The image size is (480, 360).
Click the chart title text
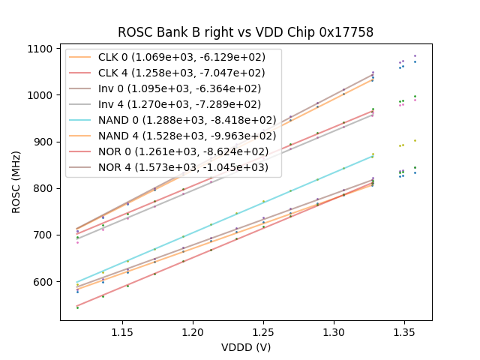[245, 32]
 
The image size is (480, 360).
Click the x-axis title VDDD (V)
[245, 347]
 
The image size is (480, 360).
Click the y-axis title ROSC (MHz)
[16, 181]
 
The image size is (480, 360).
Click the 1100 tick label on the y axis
[40, 49]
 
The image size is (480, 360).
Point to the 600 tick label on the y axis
[43, 282]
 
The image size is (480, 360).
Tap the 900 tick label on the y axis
[43, 142]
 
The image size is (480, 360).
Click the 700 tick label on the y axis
[43, 235]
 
